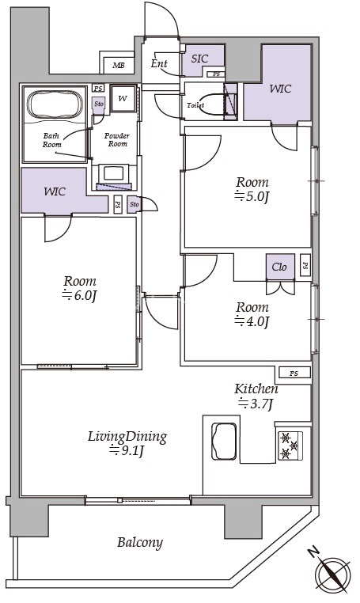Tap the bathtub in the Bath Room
tap(55, 104)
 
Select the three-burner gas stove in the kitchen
tap(290, 446)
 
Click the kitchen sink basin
tap(224, 441)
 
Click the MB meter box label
tap(119, 66)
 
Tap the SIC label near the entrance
tap(199, 59)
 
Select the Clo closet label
tap(279, 267)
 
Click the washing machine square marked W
tap(123, 98)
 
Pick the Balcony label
tap(140, 543)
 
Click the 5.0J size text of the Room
tap(252, 196)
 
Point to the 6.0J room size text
tap(79, 295)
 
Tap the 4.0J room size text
tap(252, 321)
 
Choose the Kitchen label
tap(256, 389)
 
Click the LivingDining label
tap(127, 438)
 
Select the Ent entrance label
tap(159, 63)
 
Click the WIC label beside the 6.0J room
tap(55, 192)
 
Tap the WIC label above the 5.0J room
tap(280, 89)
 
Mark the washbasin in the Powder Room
tap(113, 173)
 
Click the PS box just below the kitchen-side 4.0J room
tap(294, 373)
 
